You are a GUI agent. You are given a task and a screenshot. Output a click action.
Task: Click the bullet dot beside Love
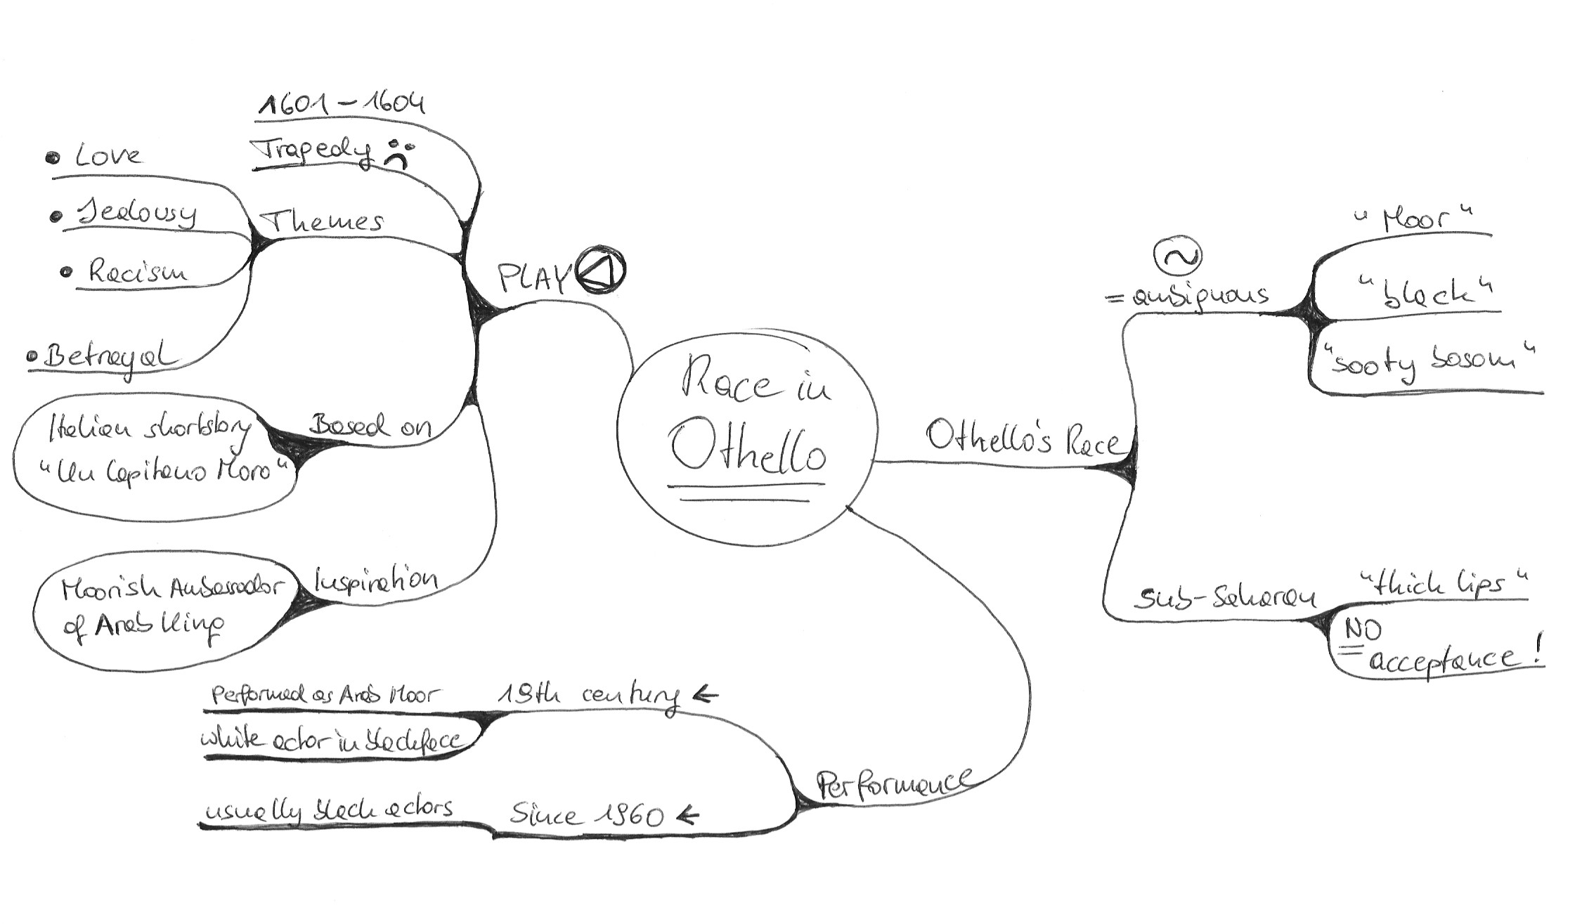pos(53,157)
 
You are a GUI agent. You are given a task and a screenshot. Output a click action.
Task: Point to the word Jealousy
pos(138,212)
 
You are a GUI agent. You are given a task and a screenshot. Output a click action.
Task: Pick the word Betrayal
pos(109,358)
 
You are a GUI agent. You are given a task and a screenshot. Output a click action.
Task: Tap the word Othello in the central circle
pos(747,448)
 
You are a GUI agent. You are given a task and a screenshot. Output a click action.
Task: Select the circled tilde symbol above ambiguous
pos(1178,257)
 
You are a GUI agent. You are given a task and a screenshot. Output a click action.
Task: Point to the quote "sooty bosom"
pos(1425,362)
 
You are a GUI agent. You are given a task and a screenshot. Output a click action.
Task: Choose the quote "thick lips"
pos(1444,584)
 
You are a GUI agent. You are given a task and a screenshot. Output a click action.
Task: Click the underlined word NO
pos(1363,630)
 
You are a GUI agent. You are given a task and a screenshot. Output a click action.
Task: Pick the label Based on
pos(370,425)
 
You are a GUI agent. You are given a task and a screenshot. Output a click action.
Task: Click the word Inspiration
pos(375,580)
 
